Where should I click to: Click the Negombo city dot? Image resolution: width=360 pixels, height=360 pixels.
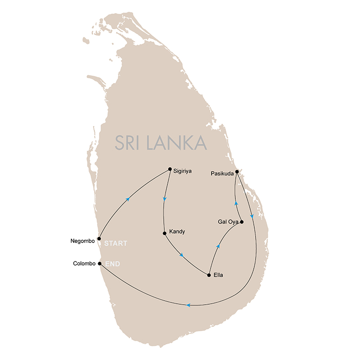(99, 238)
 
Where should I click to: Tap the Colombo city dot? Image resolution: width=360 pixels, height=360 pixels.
(99, 264)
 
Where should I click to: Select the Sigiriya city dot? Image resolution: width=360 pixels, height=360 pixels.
(170, 169)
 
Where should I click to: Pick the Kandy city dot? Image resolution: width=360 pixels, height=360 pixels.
(165, 233)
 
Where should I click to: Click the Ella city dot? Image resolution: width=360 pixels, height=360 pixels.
(209, 275)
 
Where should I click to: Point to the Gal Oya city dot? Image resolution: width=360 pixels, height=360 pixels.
(242, 222)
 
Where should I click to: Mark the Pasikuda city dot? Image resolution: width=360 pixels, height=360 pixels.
(237, 171)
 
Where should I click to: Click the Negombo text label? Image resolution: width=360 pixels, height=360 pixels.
(83, 241)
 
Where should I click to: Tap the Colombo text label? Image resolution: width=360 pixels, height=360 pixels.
(84, 264)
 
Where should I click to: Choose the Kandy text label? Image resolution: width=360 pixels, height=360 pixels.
(177, 232)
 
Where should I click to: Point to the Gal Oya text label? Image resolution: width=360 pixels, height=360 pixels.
(228, 222)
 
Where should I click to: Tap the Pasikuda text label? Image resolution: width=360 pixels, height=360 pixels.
(221, 173)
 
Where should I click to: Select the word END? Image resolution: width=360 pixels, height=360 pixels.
(112, 264)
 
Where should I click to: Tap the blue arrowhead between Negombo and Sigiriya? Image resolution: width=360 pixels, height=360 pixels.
(129, 199)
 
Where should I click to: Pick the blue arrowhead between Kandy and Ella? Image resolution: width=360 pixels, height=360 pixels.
(181, 255)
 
